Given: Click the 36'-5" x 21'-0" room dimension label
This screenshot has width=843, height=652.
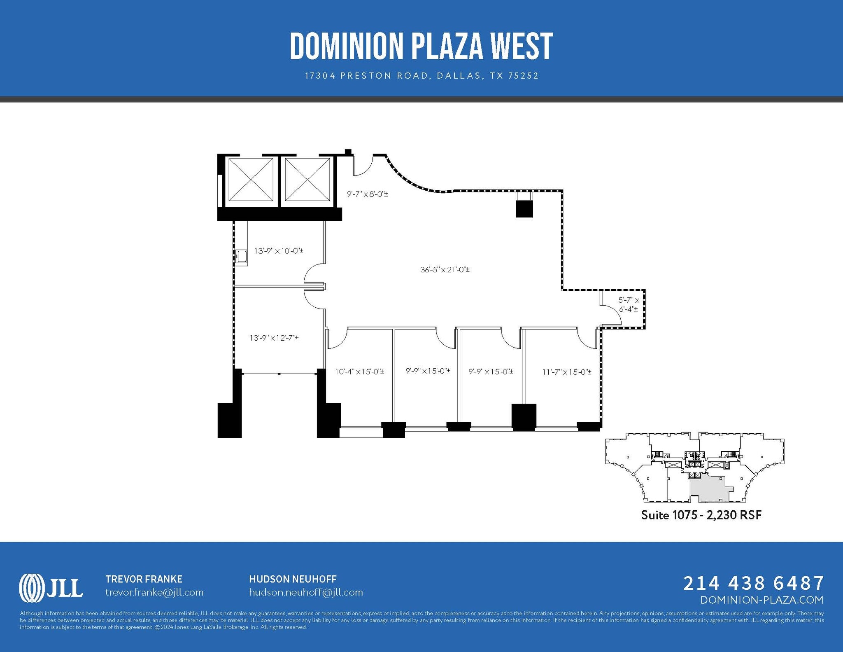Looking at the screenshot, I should coord(445,270).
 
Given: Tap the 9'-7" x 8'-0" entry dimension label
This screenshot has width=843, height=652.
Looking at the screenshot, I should coord(367,193).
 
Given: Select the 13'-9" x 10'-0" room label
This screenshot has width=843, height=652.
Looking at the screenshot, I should coord(279,250).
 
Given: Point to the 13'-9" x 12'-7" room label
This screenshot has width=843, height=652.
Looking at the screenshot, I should coord(274,338).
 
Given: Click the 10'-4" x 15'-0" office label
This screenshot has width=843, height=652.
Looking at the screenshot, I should coord(359,372).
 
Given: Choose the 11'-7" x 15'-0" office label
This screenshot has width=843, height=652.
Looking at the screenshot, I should coord(567,372).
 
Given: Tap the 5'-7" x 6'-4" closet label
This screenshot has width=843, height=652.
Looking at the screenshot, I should coord(629,304).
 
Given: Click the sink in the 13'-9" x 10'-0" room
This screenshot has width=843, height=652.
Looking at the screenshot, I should coord(242,256).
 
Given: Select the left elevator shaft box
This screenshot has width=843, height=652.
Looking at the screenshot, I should coord(251,180).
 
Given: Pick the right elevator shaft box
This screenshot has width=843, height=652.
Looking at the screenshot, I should coord(307,180).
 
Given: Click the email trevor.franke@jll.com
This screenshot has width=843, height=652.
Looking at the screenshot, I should coord(154,592).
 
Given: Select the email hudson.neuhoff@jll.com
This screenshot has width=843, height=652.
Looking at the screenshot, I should coord(306,592).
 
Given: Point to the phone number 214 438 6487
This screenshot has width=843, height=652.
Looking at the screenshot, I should coord(754,583).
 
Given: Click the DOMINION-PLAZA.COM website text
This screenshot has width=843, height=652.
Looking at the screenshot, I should coord(761,600).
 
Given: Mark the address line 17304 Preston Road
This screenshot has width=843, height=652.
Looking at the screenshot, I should coord(421,76).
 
